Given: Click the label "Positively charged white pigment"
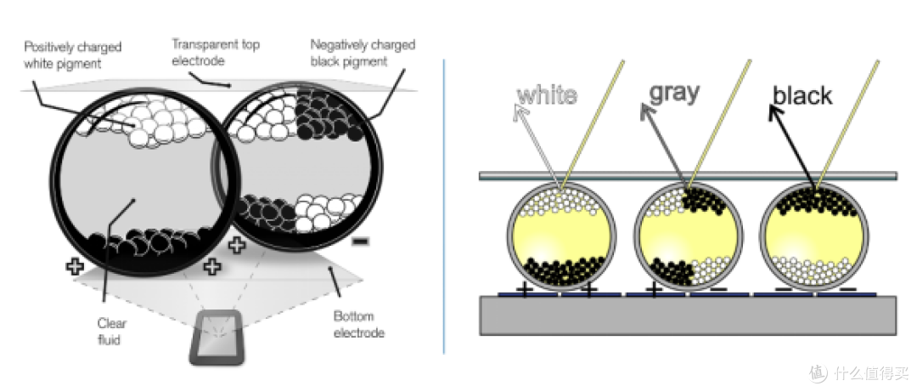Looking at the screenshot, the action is (72, 55).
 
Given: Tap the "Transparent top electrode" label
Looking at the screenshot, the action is (216, 52).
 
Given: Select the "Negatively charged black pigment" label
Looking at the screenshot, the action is (363, 53).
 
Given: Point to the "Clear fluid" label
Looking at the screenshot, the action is (112, 331).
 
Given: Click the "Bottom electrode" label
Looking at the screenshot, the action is (359, 325).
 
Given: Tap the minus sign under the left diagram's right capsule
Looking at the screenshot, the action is (360, 241).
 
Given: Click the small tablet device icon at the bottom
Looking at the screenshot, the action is (216, 338).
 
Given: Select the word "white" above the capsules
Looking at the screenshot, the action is (547, 95).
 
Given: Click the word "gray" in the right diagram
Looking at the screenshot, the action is (674, 93).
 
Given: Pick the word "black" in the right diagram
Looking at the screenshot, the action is (802, 95).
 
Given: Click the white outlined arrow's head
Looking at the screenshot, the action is (520, 112).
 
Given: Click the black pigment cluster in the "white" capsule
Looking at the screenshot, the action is (562, 272).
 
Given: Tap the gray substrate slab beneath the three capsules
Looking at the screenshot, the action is (688, 315).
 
